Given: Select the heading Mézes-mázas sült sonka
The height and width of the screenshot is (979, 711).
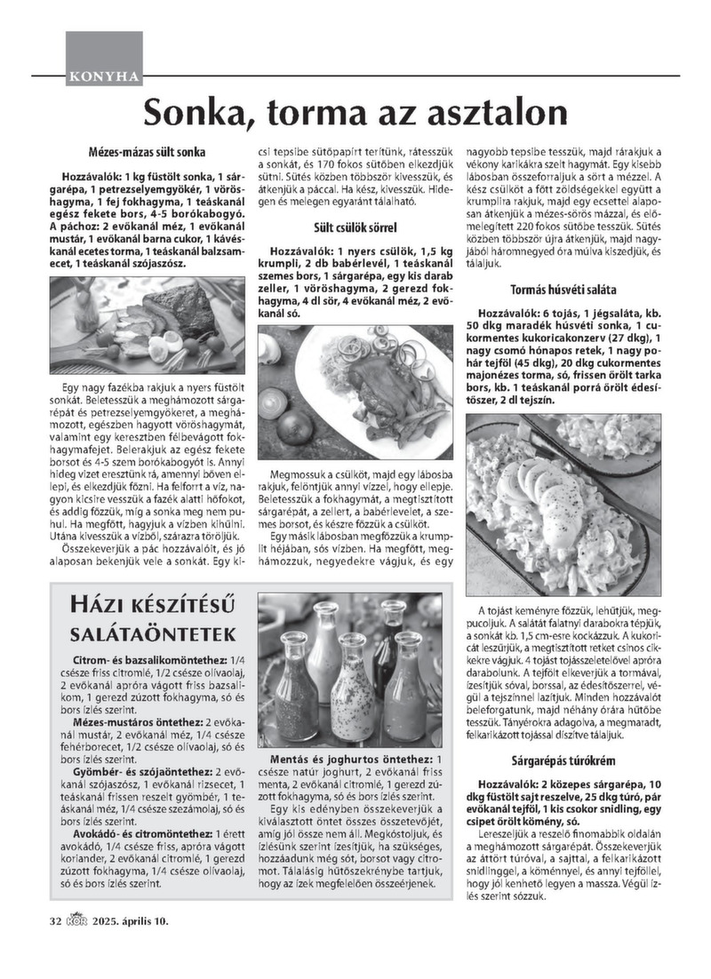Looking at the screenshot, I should pos(148,152).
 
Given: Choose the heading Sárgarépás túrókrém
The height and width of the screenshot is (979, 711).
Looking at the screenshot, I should pos(564,761).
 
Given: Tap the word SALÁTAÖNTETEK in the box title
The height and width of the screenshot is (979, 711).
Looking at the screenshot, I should pos(153,634).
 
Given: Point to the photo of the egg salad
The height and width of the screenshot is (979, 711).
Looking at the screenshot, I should pos(564,504).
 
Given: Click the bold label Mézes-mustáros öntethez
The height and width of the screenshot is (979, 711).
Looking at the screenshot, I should pos(141,723).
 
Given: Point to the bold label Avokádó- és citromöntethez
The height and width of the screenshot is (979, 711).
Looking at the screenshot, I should pos(146,835).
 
